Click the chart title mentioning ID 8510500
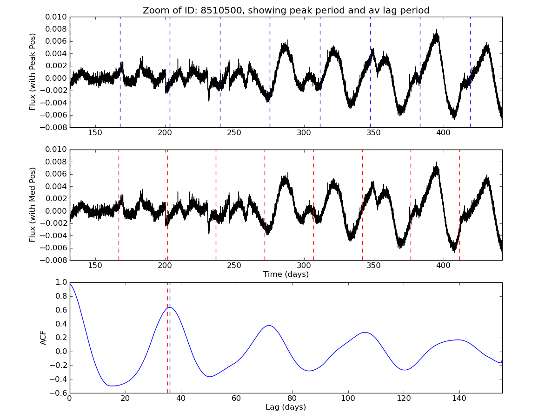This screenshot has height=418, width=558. pyautogui.click(x=286, y=10)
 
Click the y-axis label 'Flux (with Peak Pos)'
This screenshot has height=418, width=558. pyautogui.click(x=33, y=72)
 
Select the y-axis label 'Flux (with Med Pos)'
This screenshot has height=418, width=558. pyautogui.click(x=33, y=205)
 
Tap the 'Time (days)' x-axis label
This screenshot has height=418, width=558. pyautogui.click(x=286, y=274)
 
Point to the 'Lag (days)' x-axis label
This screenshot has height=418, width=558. pyautogui.click(x=286, y=407)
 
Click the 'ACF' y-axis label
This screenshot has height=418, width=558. pyautogui.click(x=43, y=338)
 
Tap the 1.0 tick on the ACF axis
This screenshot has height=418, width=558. pyautogui.click(x=60, y=282)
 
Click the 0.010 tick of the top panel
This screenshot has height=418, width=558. pyautogui.click(x=57, y=17)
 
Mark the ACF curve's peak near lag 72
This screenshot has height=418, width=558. pyautogui.click(x=269, y=326)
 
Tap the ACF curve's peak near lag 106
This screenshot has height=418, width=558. pyautogui.click(x=365, y=332)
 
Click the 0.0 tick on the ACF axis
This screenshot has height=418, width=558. pyautogui.click(x=60, y=352)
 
